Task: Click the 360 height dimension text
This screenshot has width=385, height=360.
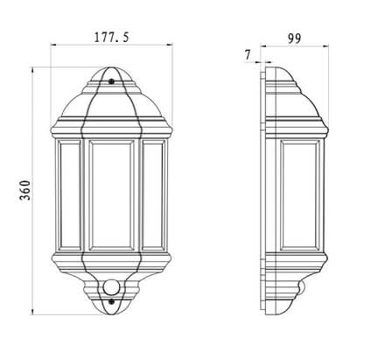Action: (x=26, y=190)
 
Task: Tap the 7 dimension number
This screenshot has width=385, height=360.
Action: (x=248, y=54)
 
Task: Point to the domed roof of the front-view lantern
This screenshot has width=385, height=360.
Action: (x=111, y=96)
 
